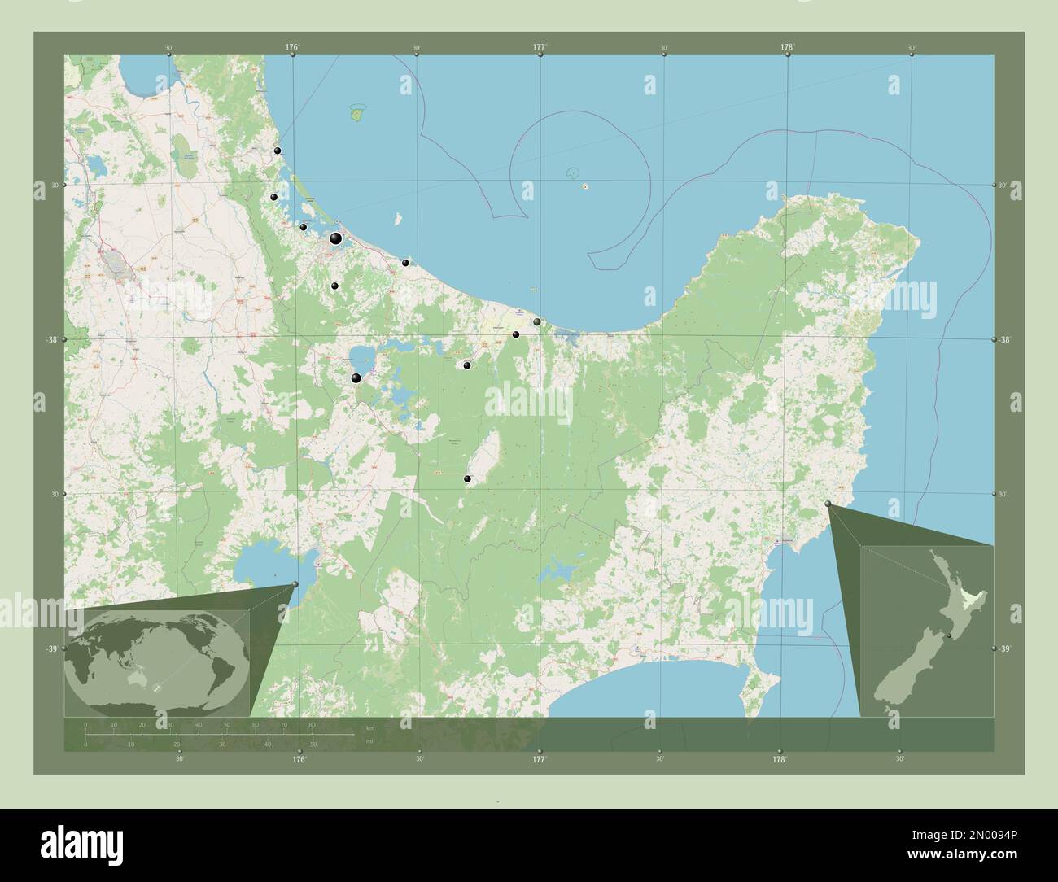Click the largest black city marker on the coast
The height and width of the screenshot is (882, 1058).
pos(335,238)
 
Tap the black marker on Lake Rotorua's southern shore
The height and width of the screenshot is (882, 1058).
pos(356,378)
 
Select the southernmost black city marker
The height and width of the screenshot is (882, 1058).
pos(467,479)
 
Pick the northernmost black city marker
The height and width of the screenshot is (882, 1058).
pos(278,151)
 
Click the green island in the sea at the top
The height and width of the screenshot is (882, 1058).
pos(356,112)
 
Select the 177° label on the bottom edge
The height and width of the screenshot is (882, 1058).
pos(539,759)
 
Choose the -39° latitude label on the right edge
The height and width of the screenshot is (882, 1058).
pos(1007,648)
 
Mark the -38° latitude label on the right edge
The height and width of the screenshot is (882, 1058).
pos(1007,340)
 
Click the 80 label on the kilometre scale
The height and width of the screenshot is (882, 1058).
pos(313,724)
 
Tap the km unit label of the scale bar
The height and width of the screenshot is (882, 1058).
pos(370,728)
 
